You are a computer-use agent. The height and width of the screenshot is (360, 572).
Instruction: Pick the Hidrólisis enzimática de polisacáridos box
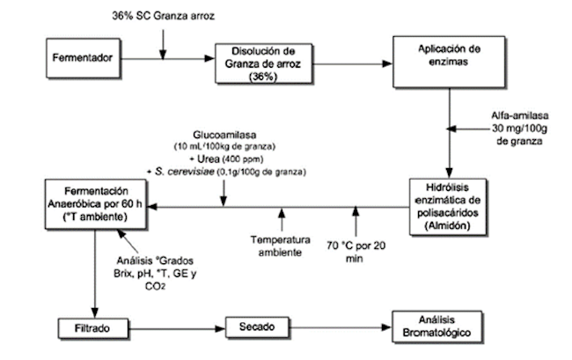click(x=451, y=209)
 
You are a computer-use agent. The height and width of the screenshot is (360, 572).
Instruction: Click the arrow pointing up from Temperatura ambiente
click(x=282, y=219)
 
